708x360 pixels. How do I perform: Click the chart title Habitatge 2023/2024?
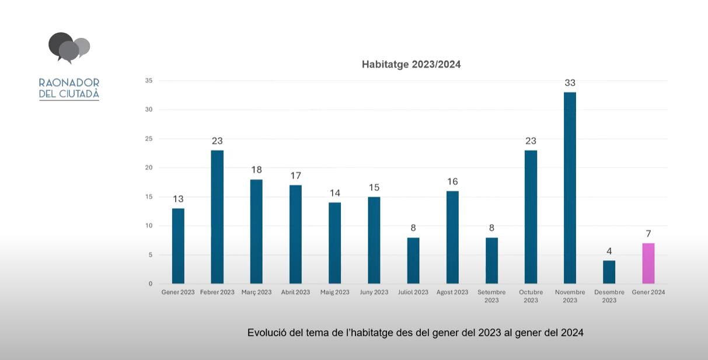pyautogui.click(x=411, y=64)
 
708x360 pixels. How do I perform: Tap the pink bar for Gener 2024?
pyautogui.click(x=648, y=264)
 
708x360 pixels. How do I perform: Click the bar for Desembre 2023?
pyautogui.click(x=609, y=272)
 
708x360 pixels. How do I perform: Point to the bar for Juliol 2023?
pyautogui.click(x=413, y=261)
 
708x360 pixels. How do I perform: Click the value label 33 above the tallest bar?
pyautogui.click(x=570, y=83)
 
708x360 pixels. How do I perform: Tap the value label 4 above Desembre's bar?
pyautogui.click(x=609, y=251)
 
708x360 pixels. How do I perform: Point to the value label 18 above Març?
pyautogui.click(x=256, y=170)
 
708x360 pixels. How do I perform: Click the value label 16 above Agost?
pyautogui.click(x=452, y=181)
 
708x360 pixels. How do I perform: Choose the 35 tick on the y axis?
pyautogui.click(x=149, y=81)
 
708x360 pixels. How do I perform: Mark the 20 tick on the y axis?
pyautogui.click(x=149, y=168)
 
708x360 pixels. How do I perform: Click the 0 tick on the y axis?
pyautogui.click(x=150, y=284)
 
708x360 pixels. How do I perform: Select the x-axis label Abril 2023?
pyautogui.click(x=295, y=292)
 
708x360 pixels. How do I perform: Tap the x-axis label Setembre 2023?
pyautogui.click(x=491, y=296)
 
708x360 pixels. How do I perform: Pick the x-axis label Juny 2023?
pyautogui.click(x=374, y=292)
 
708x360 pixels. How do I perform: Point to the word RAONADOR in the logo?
pyautogui.click(x=69, y=83)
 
